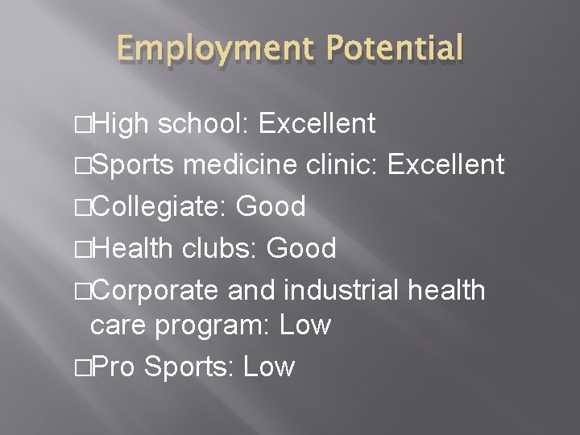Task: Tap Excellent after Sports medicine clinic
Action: click(446, 165)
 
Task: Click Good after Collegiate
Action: click(271, 207)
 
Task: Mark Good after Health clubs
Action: click(301, 249)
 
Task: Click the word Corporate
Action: click(156, 290)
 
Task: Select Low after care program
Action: click(304, 325)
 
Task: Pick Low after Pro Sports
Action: click(269, 367)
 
